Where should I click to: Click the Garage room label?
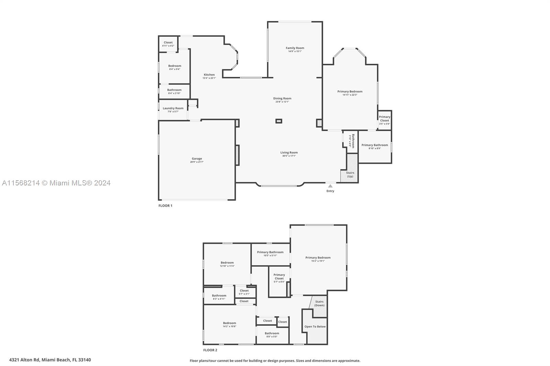coord(197,159)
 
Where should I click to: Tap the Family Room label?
coord(295,48)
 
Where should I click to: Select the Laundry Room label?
coord(173,108)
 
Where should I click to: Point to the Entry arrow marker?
coord(330,186)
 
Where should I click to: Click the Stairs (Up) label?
coord(350,174)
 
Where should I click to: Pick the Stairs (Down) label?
coord(319,303)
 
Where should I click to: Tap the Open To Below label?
coord(315,327)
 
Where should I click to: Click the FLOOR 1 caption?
coord(165,206)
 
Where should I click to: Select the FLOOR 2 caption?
coord(210,350)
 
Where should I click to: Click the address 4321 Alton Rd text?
coord(50,360)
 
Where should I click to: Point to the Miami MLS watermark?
coord(56,183)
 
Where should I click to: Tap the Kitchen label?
coord(209,75)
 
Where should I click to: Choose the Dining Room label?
coord(282,99)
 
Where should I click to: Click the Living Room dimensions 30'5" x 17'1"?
coord(289,156)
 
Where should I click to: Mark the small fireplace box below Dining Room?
coord(279,121)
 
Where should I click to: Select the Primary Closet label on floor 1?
coord(384,118)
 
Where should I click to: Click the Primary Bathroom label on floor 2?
coord(270,252)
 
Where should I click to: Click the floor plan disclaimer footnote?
coord(275,361)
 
